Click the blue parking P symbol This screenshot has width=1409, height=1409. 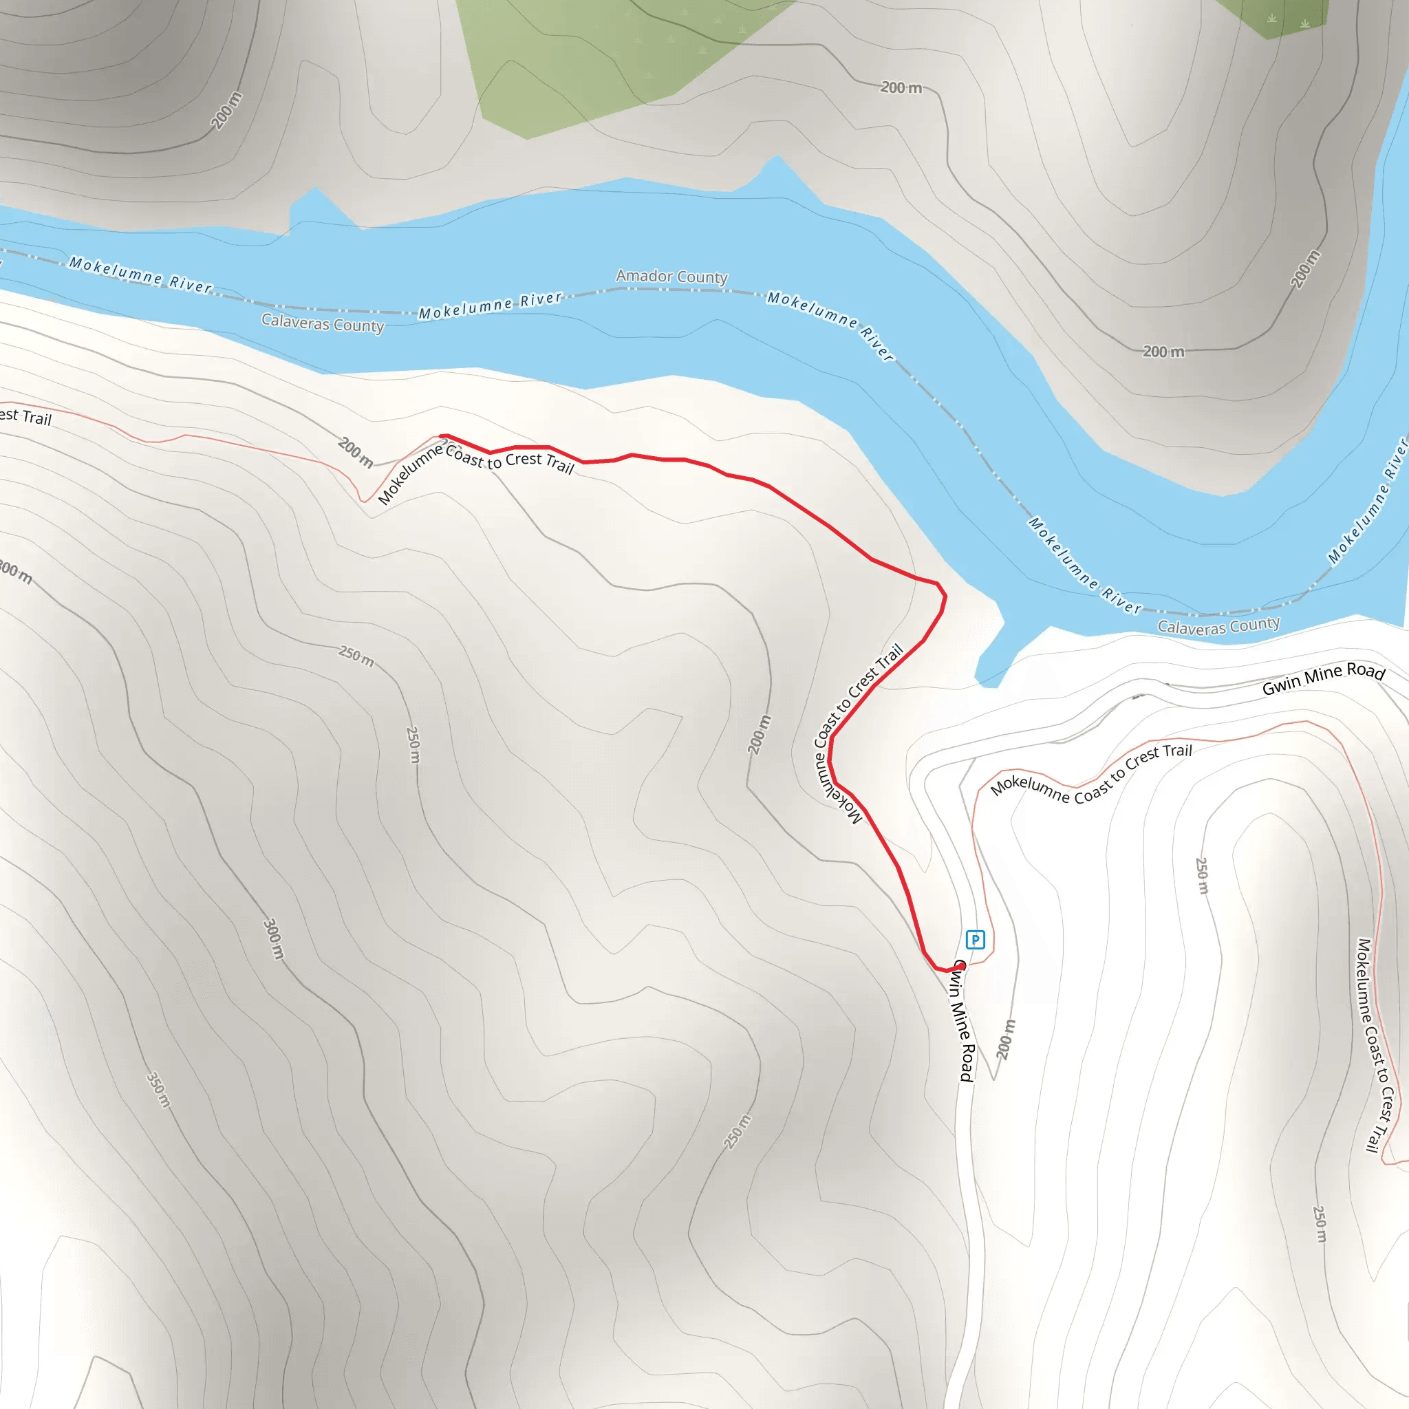(975, 939)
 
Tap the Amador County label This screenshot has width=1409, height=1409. (671, 277)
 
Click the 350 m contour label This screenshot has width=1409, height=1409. (159, 1090)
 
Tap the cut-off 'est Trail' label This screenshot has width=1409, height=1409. (26, 416)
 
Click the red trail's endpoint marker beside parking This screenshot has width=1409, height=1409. (960, 965)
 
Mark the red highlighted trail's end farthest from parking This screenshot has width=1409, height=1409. (442, 436)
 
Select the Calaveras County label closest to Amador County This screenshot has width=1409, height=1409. (323, 323)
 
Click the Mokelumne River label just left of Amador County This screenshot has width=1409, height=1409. (490, 305)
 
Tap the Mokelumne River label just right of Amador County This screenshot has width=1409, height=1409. (829, 326)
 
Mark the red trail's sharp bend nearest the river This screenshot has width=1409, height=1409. (944, 594)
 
